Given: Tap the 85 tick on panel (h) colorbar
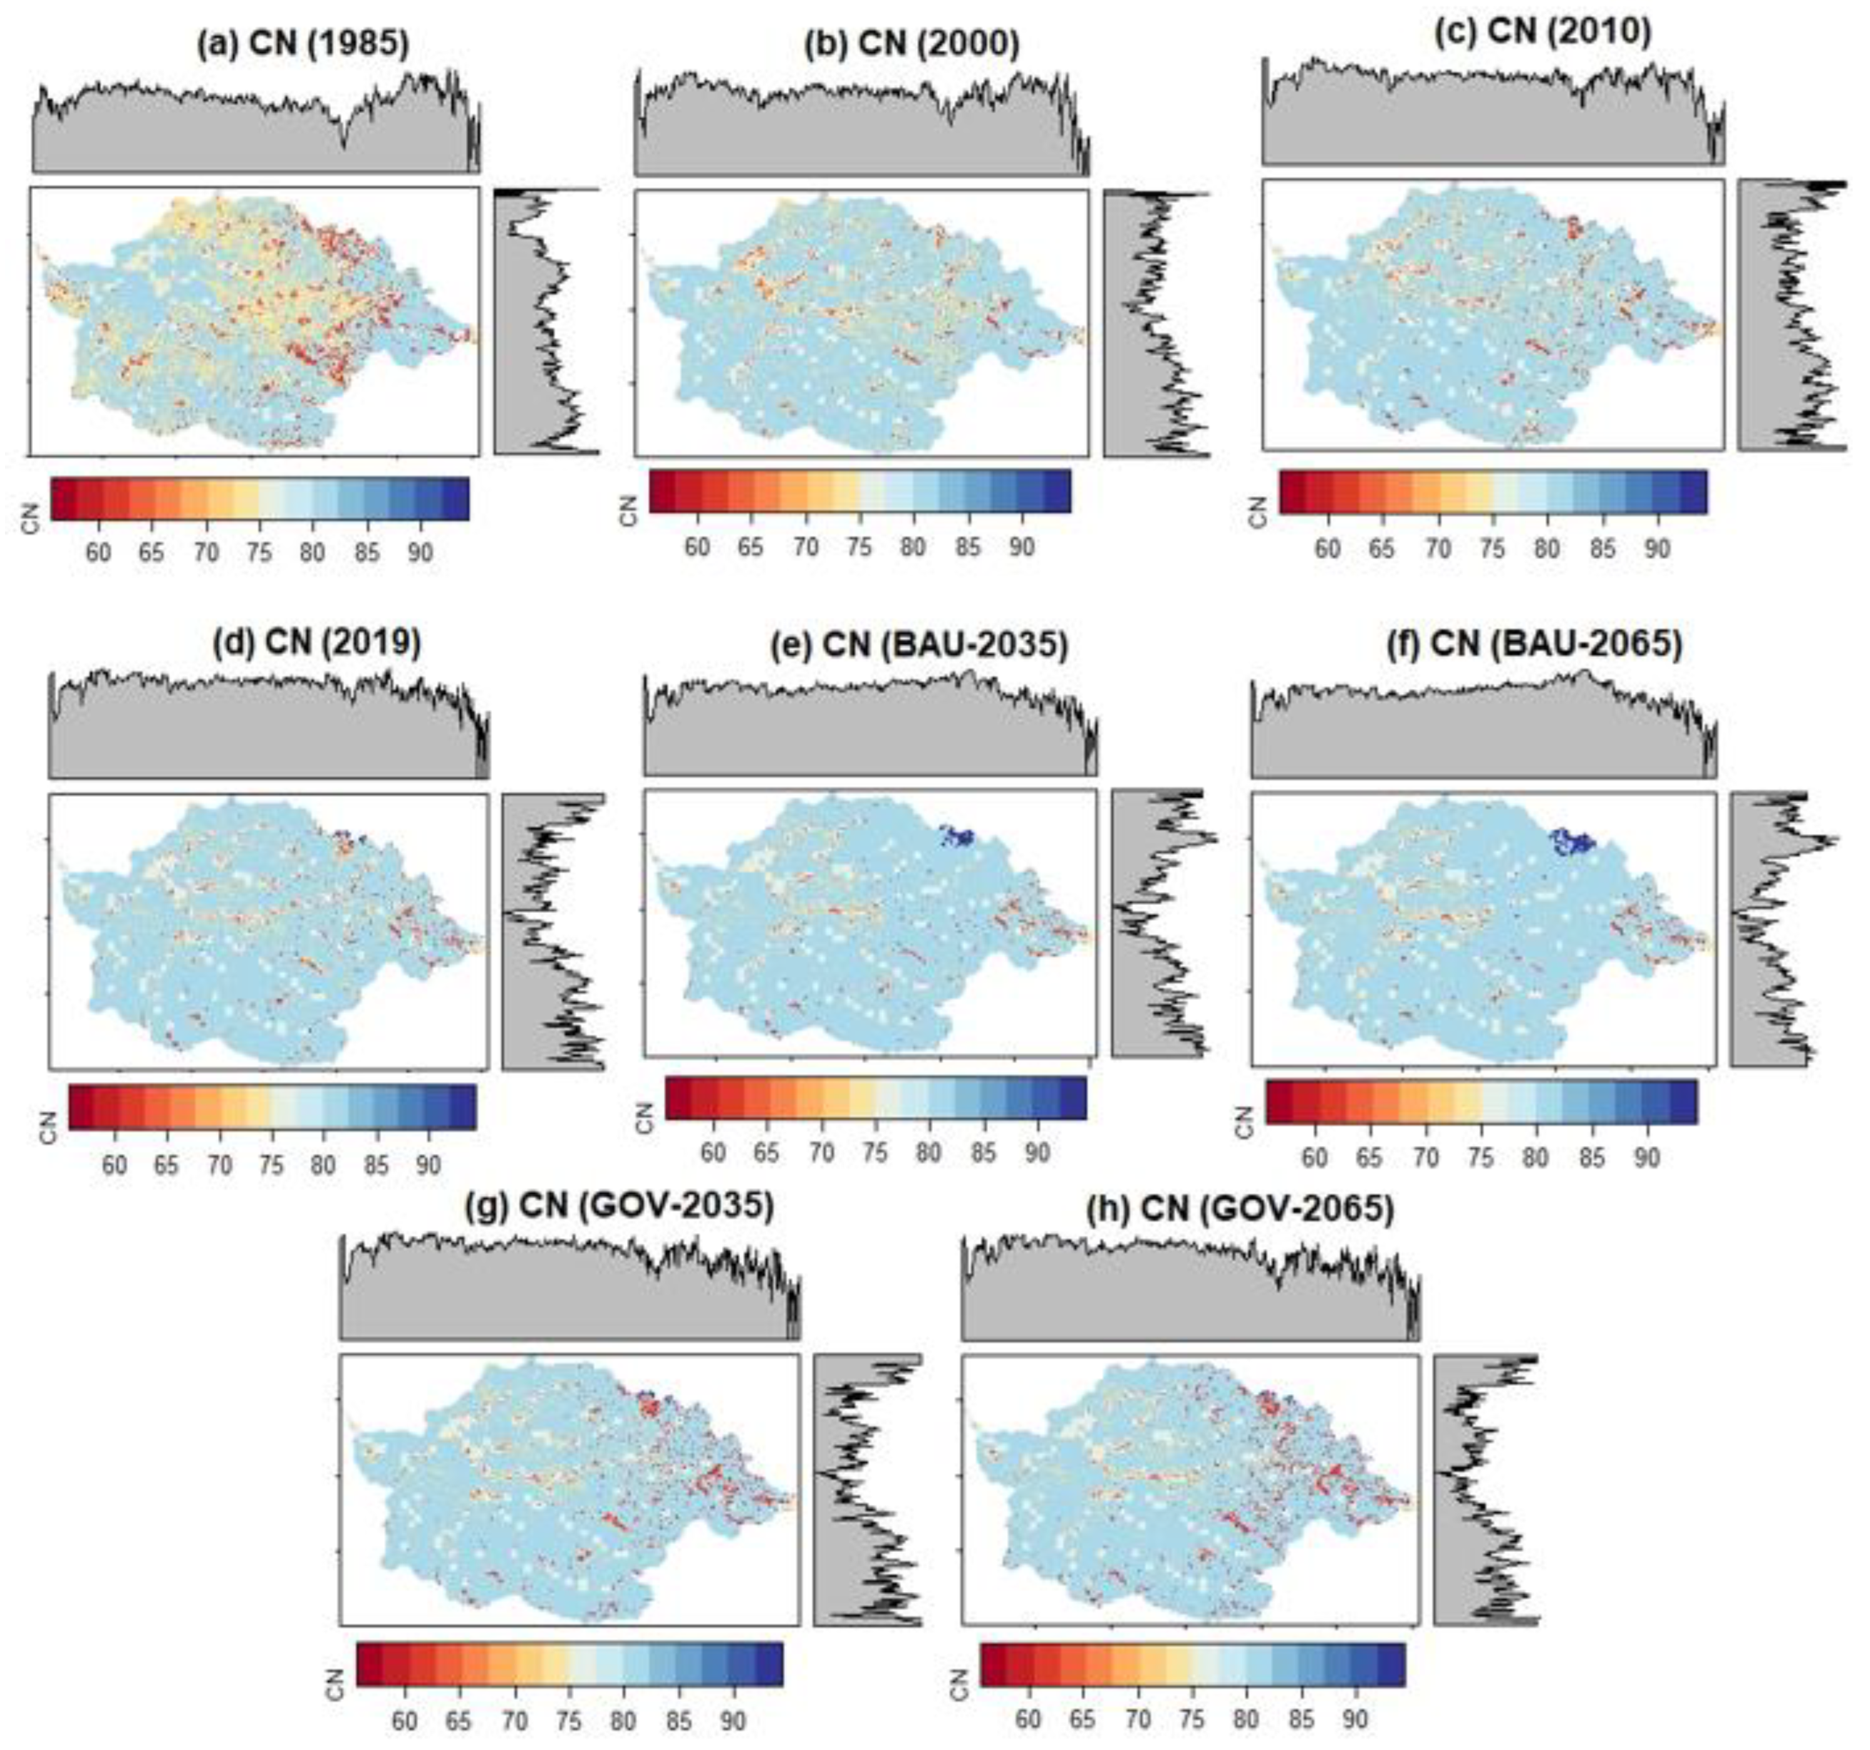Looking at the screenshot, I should pyautogui.click(x=1302, y=1719).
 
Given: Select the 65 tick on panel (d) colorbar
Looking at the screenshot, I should pyautogui.click(x=167, y=1165).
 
